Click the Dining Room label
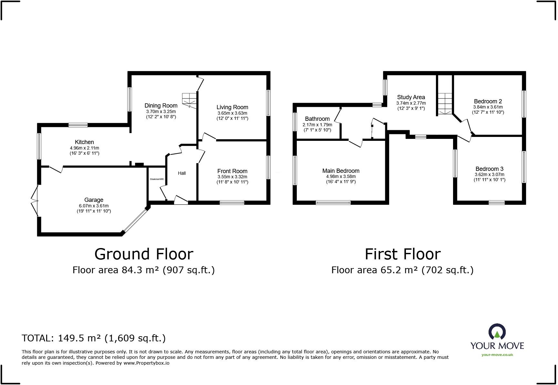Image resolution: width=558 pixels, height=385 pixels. point(161,106)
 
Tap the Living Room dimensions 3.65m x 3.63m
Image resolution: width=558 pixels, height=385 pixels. point(232,113)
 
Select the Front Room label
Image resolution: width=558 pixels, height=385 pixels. point(232,171)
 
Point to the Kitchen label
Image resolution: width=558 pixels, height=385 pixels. point(84,142)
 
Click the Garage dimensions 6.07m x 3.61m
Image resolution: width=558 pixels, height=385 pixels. point(94,206)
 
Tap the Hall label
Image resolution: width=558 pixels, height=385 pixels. point(182,173)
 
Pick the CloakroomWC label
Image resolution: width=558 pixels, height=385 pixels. point(157,179)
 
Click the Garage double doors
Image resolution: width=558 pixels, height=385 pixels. point(35,201)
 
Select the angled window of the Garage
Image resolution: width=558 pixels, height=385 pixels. point(135,221)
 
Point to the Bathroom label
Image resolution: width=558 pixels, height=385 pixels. point(317,119)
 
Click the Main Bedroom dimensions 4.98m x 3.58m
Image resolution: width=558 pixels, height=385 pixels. point(341,176)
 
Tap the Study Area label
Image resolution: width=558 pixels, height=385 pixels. point(411,97)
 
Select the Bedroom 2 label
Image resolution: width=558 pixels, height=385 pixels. point(488,101)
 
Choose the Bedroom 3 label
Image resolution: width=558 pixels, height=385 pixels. point(489,169)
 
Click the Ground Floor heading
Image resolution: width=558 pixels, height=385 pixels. point(144,254)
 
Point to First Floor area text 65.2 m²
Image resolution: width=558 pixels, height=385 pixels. point(402,270)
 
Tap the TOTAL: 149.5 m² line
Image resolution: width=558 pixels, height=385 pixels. point(94,338)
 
